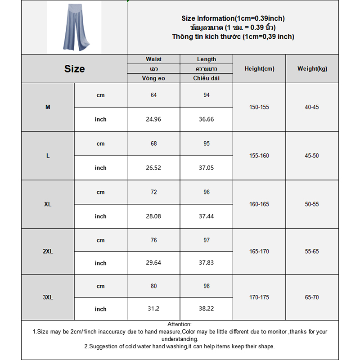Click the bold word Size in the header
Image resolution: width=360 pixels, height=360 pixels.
74,69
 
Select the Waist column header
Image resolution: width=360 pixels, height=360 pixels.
153,59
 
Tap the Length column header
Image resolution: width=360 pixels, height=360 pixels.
207,59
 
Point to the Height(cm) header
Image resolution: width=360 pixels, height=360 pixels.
259,69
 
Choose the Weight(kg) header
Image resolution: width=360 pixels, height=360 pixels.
312,69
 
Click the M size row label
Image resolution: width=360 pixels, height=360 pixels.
48,108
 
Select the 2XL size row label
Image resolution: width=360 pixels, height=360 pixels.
48,252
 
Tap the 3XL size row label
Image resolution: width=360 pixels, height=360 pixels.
48,297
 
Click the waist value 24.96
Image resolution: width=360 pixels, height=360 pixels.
153,119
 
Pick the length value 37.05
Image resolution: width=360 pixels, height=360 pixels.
207,168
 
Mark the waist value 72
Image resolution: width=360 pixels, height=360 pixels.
153,192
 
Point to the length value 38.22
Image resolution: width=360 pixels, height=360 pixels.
207,309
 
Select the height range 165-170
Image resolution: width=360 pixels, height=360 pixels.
259,252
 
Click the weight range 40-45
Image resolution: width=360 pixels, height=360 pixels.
312,108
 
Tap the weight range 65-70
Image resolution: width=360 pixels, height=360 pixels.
312,297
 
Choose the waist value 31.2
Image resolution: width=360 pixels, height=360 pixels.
153,309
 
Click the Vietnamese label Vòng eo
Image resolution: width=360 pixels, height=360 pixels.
153,78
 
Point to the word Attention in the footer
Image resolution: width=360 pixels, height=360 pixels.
180,324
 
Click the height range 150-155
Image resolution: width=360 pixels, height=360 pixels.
259,108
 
